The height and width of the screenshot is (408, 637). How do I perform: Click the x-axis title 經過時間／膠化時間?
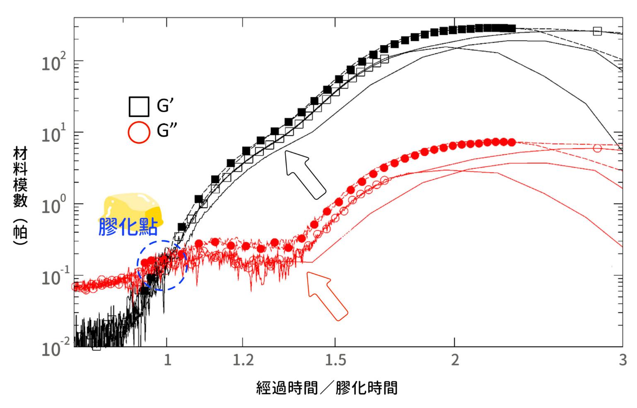(327, 388)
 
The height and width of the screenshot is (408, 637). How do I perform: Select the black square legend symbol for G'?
(139, 107)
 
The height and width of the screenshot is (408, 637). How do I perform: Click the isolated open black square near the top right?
(597, 31)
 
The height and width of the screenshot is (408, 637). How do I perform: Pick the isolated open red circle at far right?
(597, 148)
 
